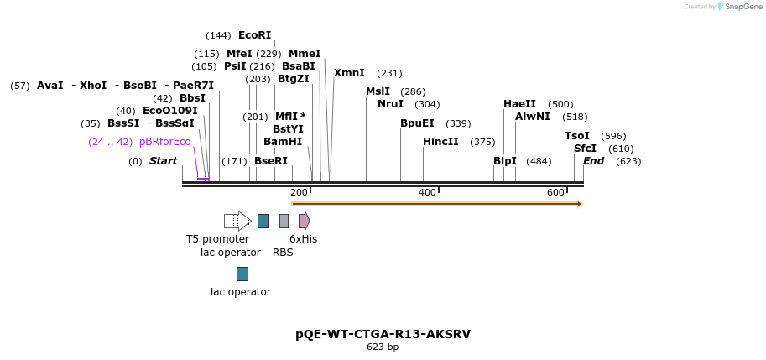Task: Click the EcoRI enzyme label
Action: pyautogui.click(x=254, y=35)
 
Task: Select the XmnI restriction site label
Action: pyautogui.click(x=349, y=73)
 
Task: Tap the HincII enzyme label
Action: pyautogui.click(x=440, y=142)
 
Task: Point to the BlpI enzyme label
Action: pyautogui.click(x=505, y=161)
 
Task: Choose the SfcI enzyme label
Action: pyautogui.click(x=585, y=149)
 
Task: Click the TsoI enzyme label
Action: pyautogui.click(x=577, y=136)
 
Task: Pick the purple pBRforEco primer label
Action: pyautogui.click(x=165, y=142)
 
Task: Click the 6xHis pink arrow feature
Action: pyautogui.click(x=304, y=221)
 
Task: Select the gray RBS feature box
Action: pyautogui.click(x=284, y=221)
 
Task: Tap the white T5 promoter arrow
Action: pyautogui.click(x=237, y=221)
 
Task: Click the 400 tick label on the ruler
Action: pyautogui.click(x=427, y=193)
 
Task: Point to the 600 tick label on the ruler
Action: pyautogui.click(x=555, y=193)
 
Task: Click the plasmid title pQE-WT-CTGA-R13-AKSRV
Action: pyautogui.click(x=383, y=334)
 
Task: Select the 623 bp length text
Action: pyautogui.click(x=383, y=347)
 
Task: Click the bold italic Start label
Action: pyautogui.click(x=163, y=161)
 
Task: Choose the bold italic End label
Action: pyautogui.click(x=593, y=161)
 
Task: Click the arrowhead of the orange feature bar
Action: pyautogui.click(x=579, y=204)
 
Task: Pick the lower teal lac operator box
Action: pyautogui.click(x=242, y=274)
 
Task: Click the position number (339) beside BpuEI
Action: pyautogui.click(x=458, y=123)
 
